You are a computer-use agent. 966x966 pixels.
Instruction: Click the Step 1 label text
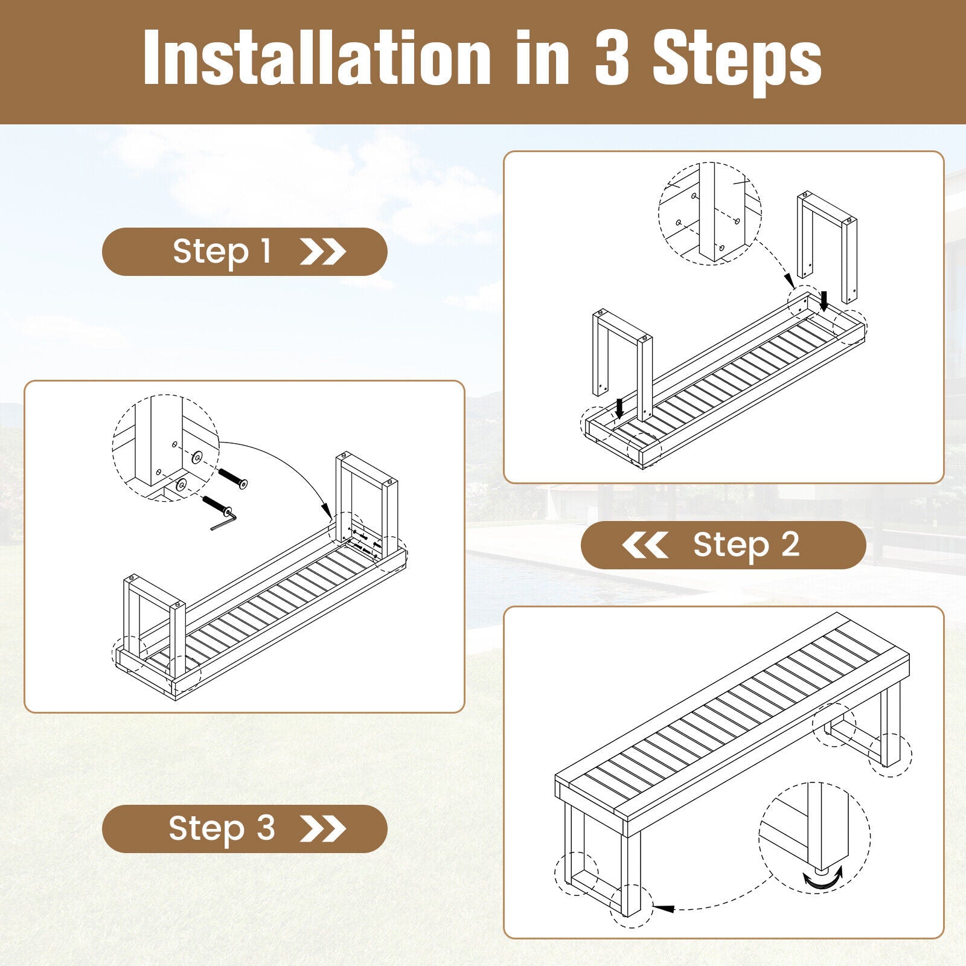point(222,252)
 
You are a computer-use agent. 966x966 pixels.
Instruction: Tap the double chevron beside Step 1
point(323,252)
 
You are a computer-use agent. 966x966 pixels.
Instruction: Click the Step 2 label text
point(746,545)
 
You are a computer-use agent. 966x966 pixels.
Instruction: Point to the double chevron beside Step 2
point(645,545)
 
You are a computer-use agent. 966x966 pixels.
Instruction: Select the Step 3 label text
point(222,828)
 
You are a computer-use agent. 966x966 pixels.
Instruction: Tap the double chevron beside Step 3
point(323,829)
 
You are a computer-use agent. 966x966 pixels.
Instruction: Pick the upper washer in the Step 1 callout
point(197,458)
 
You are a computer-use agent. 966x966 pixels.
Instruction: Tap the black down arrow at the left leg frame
point(619,409)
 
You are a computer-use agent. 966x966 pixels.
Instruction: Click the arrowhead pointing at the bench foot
point(664,908)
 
